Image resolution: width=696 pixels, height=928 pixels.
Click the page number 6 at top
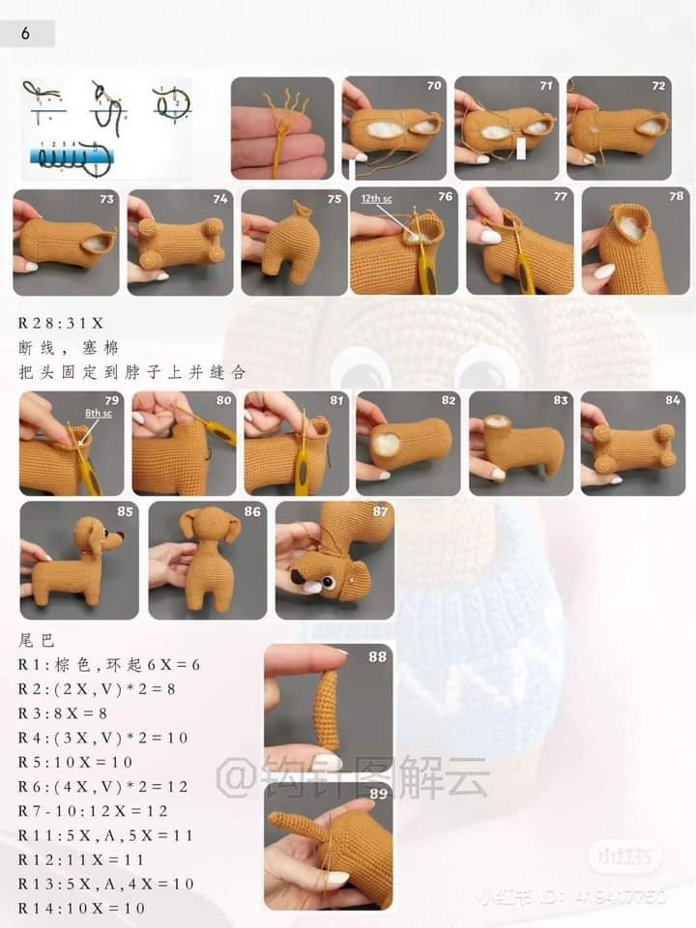pos(25,34)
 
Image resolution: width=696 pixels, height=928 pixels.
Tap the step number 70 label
pos(434,86)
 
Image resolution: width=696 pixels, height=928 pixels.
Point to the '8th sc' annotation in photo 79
pos(99,412)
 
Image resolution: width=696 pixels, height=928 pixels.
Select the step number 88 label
pos(377,657)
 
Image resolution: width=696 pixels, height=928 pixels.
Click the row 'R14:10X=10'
pos(81,908)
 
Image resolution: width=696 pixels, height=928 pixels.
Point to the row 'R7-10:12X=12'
pos(92,810)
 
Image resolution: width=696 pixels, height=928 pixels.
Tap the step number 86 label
pos(252,511)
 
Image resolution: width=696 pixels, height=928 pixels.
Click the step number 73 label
pos(106,199)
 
